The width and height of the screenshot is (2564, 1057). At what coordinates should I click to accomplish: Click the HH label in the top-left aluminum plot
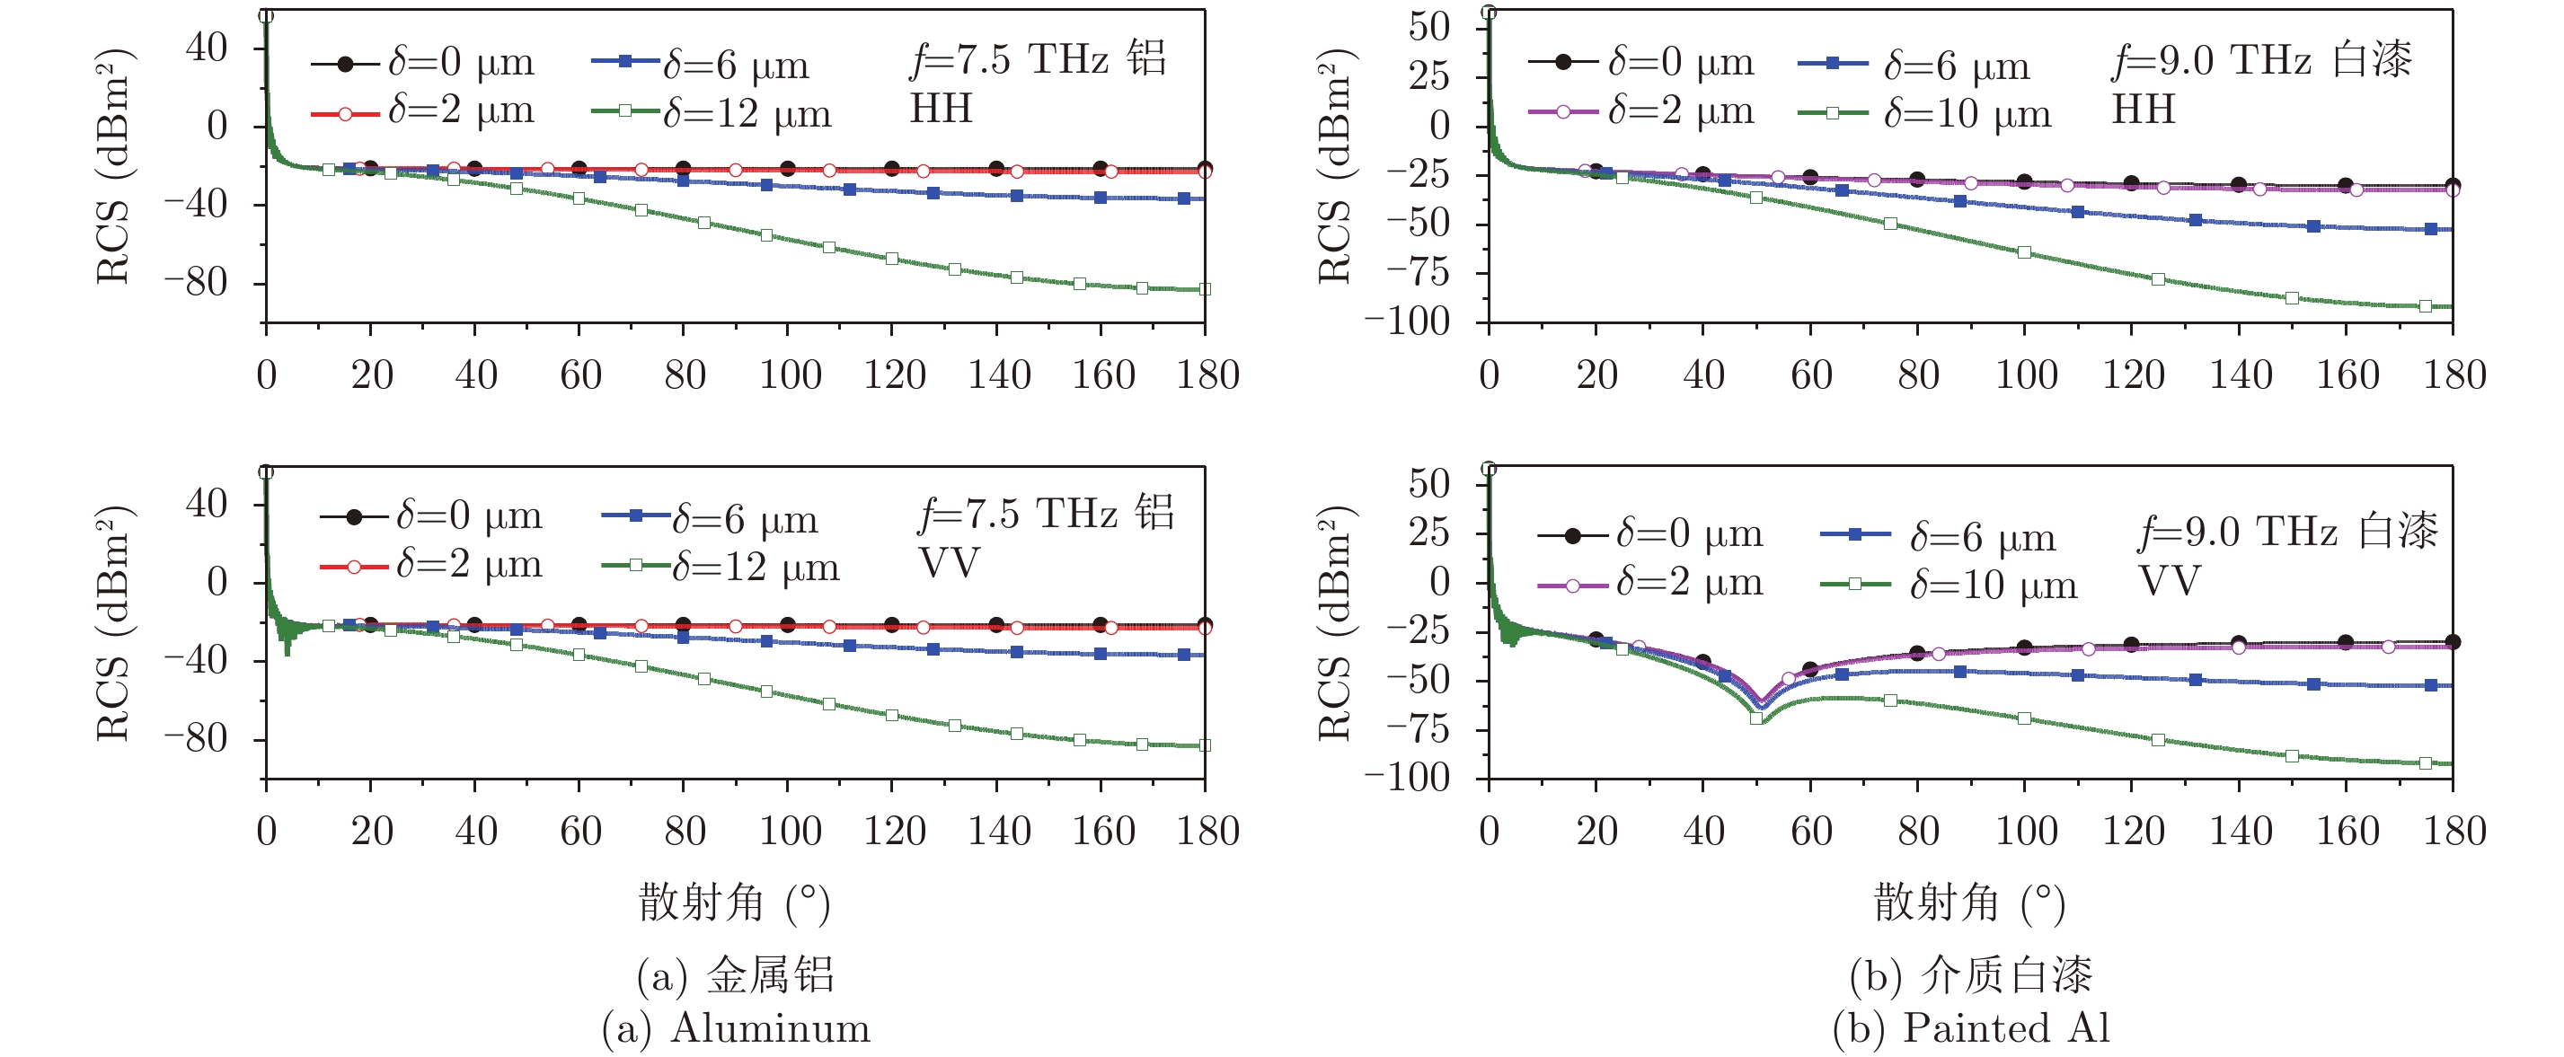[x=941, y=109]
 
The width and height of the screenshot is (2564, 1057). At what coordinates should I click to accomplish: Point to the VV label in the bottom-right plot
[x=2170, y=580]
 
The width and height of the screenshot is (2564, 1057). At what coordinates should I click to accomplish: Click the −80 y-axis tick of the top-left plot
[x=196, y=283]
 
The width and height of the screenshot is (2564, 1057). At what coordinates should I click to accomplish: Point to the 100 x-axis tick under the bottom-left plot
[x=790, y=831]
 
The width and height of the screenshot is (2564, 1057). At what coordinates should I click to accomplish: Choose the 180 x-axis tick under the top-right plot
[x=2453, y=375]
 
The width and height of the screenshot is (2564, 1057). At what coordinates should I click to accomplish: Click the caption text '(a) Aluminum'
[x=737, y=1028]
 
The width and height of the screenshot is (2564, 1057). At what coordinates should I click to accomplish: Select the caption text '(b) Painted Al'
[x=1971, y=1028]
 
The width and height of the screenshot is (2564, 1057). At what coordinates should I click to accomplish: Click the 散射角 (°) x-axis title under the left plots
[x=734, y=903]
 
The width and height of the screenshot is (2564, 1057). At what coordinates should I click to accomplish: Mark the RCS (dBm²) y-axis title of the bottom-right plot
[x=1334, y=622]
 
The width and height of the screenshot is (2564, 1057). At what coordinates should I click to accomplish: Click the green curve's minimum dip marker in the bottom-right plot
[x=1756, y=717]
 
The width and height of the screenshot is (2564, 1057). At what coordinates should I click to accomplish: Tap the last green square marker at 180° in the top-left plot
[x=1205, y=288]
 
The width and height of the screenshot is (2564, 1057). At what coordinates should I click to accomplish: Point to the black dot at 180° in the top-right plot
[x=2453, y=185]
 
